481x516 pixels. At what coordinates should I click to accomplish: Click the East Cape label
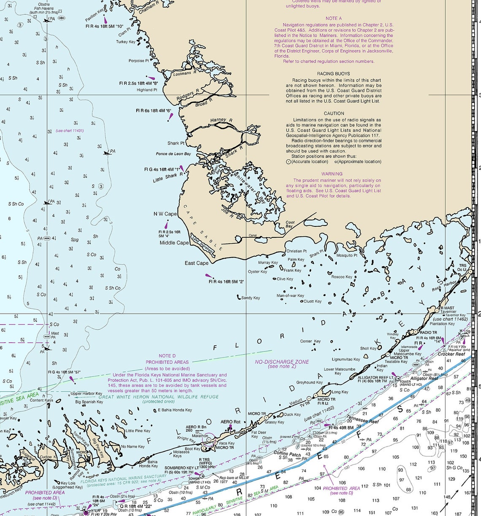coord(197,263)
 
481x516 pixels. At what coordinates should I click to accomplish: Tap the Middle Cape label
coord(174,243)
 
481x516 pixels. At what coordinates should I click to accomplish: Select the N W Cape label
coord(165,214)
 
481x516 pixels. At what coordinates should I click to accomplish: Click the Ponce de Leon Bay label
coord(173,154)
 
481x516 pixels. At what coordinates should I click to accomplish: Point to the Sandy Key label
coord(251,298)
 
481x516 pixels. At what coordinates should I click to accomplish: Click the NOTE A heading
coord(334,19)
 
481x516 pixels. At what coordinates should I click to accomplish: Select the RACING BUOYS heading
coord(333,74)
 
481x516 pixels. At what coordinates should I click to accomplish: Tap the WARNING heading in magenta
coord(332,174)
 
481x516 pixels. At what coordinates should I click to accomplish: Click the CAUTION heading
coord(334,113)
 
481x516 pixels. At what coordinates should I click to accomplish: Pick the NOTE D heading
coord(167,356)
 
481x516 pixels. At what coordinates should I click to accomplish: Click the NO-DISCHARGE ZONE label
coord(282,362)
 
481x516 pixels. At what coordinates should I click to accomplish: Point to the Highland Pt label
coord(147,90)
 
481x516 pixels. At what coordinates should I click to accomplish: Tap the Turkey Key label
coord(126,42)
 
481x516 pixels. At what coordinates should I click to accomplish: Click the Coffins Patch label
coord(287,454)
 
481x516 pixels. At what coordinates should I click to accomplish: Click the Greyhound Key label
coord(309,383)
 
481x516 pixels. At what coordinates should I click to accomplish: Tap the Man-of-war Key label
coord(290,296)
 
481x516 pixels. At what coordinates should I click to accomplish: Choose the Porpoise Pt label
coord(139,61)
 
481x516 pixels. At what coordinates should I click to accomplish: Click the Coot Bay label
coord(290,224)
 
